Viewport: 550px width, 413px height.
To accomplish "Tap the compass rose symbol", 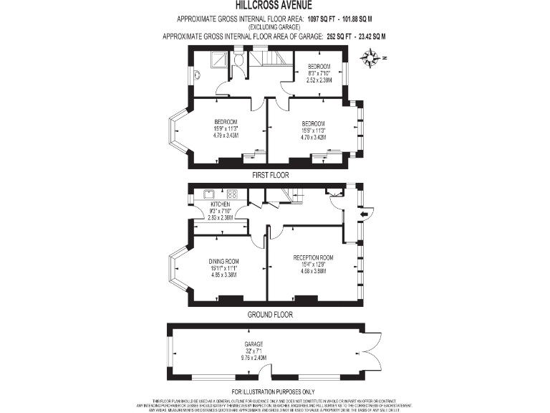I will pyautogui.click(x=370, y=58).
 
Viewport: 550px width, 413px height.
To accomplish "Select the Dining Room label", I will pyautogui.click(x=223, y=261).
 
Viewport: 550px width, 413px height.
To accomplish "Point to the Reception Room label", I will pyautogui.click(x=313, y=257).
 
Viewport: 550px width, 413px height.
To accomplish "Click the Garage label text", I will pyautogui.click(x=254, y=344).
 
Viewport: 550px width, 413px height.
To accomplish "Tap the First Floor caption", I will pyautogui.click(x=270, y=175).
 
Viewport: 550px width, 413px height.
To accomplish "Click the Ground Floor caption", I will pyautogui.click(x=269, y=314).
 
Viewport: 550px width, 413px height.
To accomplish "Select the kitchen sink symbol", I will pyautogui.click(x=210, y=194).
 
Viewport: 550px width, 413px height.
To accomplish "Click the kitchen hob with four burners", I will pyautogui.click(x=232, y=194).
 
